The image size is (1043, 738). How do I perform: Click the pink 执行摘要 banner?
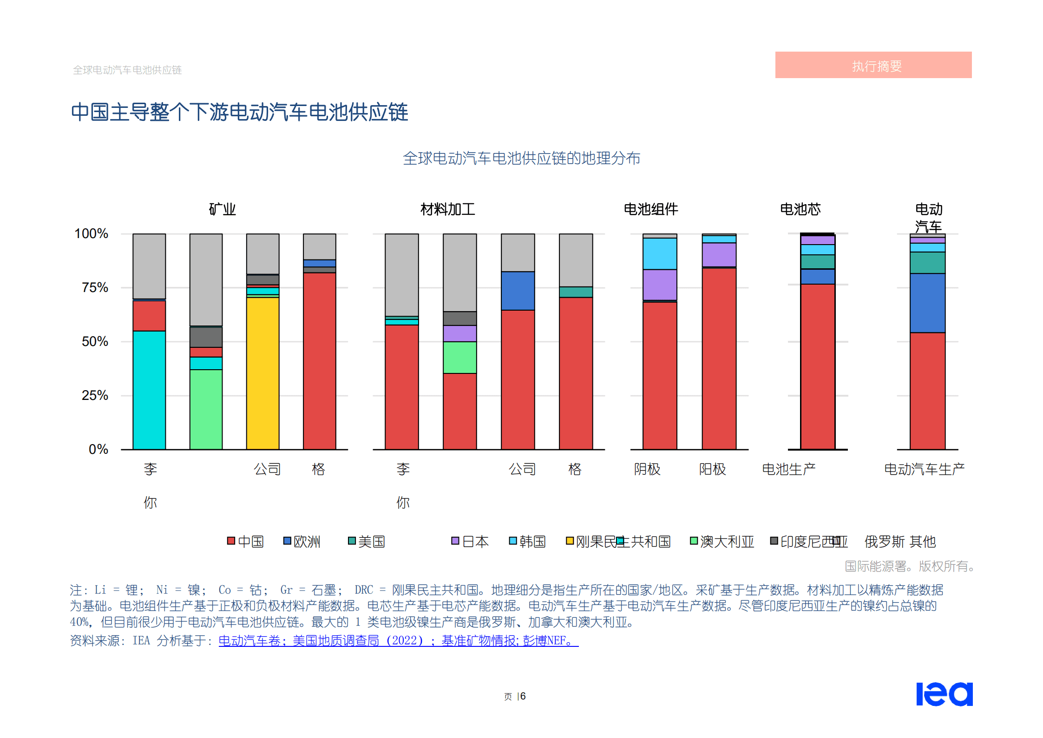(873, 65)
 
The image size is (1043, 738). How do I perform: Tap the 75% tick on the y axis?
(95, 287)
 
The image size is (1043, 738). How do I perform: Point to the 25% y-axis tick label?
(95, 395)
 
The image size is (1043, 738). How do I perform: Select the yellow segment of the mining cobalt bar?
(262, 372)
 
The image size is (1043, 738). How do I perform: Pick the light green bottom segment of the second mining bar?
(206, 409)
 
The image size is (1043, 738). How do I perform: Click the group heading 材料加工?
(447, 209)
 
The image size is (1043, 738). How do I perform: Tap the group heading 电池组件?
(650, 209)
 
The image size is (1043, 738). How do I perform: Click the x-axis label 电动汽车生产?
(924, 469)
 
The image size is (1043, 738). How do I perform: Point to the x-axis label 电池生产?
(788, 469)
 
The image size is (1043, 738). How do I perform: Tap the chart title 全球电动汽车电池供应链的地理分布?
(521, 158)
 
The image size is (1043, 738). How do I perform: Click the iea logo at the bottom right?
(944, 694)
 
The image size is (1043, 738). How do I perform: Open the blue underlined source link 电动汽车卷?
(249, 641)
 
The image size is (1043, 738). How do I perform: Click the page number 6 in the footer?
(523, 696)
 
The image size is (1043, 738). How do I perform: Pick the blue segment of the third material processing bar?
(518, 291)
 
